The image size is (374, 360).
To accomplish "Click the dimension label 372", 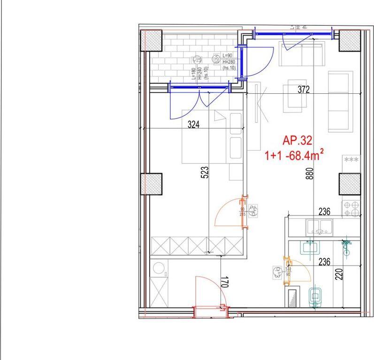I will click(x=304, y=90).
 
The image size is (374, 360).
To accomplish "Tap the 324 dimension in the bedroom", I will click(x=193, y=125).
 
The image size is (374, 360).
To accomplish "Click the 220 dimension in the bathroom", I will click(x=339, y=273).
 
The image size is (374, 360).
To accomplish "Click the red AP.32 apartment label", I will click(x=297, y=140).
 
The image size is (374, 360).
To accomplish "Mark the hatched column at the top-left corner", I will click(x=151, y=41).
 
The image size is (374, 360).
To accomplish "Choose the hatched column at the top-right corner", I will click(x=349, y=41).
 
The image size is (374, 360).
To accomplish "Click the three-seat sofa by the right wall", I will click(x=340, y=101).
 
